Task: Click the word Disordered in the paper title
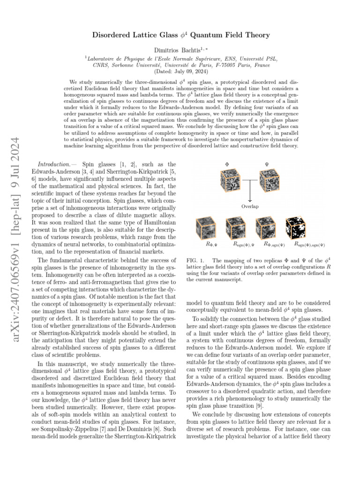click(107, 35)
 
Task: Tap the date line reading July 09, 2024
click(180, 72)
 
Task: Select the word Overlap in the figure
click(250, 206)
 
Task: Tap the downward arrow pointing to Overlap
click(250, 193)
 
